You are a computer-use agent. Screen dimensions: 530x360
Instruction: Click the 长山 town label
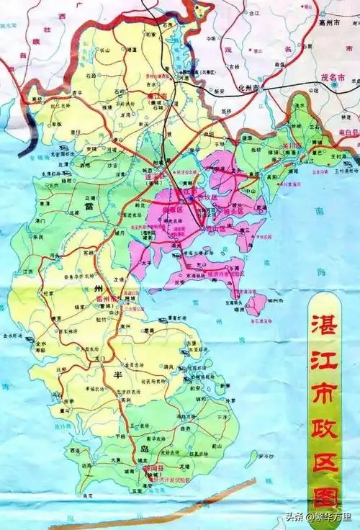pos(104,50)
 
